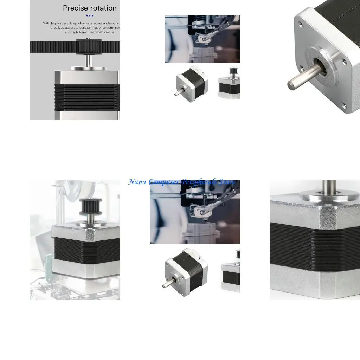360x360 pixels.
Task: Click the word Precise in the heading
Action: (75, 8)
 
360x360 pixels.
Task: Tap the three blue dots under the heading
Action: (90, 15)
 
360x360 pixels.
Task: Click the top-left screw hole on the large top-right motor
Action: (301, 25)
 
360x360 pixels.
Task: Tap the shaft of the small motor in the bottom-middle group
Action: (167, 284)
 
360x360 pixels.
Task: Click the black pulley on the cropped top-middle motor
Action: (232, 72)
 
